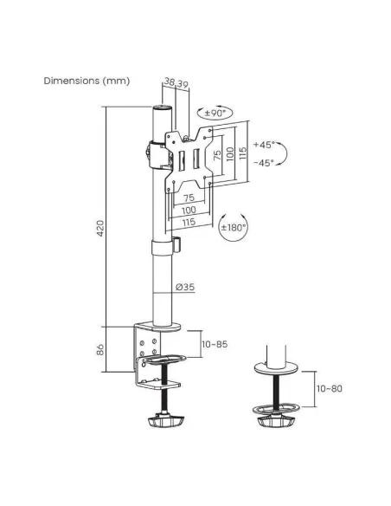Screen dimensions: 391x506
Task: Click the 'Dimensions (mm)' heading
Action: pyautogui.click(x=87, y=81)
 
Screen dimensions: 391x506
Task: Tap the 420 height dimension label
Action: pyautogui.click(x=101, y=228)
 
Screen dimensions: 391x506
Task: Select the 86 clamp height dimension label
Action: pyautogui.click(x=101, y=349)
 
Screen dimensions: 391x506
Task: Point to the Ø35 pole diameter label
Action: pyautogui.click(x=185, y=287)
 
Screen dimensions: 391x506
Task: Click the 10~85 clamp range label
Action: pyautogui.click(x=215, y=344)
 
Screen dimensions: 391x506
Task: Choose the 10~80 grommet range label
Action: pyautogui.click(x=330, y=388)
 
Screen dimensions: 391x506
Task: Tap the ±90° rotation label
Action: pyautogui.click(x=215, y=114)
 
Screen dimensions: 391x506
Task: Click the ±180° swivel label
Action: pyautogui.click(x=234, y=228)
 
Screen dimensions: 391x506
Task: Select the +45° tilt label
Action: pyautogui.click(x=265, y=145)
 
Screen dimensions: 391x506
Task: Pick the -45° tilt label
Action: pyautogui.click(x=265, y=163)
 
